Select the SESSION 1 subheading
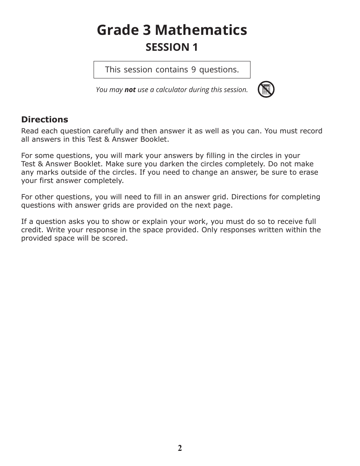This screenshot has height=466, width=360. point(172,47)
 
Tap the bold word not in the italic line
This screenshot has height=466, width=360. point(130,90)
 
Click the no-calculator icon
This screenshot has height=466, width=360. point(266,89)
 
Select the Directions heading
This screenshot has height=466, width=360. point(45,120)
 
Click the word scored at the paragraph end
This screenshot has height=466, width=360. point(116,238)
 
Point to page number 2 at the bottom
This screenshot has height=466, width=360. point(180,448)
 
